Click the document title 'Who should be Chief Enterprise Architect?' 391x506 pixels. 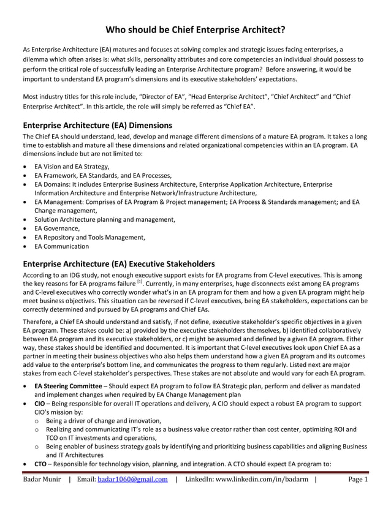click(195, 29)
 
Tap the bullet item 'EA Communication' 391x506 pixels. click(61, 246)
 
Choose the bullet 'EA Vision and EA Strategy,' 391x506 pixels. click(72, 167)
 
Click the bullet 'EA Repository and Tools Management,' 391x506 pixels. click(89, 237)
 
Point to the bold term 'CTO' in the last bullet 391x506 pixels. click(40, 464)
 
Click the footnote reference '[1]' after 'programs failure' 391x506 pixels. click(140, 281)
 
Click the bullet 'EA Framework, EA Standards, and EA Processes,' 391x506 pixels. click(102, 175)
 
